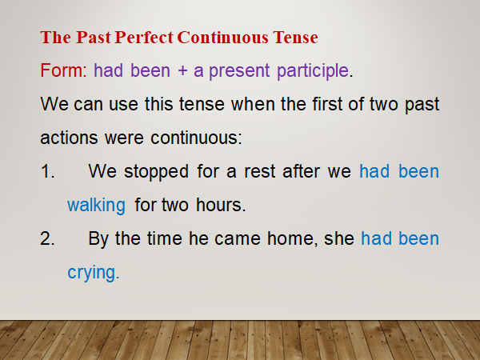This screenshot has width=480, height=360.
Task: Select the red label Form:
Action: [x=64, y=70]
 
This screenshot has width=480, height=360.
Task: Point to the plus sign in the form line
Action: [x=182, y=70]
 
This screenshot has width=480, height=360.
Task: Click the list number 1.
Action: [x=46, y=171]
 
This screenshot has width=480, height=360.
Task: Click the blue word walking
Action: [x=96, y=205]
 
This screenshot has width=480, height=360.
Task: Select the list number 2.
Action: [x=46, y=238]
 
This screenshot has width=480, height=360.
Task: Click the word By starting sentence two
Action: [x=99, y=238]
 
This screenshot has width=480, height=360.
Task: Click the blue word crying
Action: [x=93, y=272]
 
